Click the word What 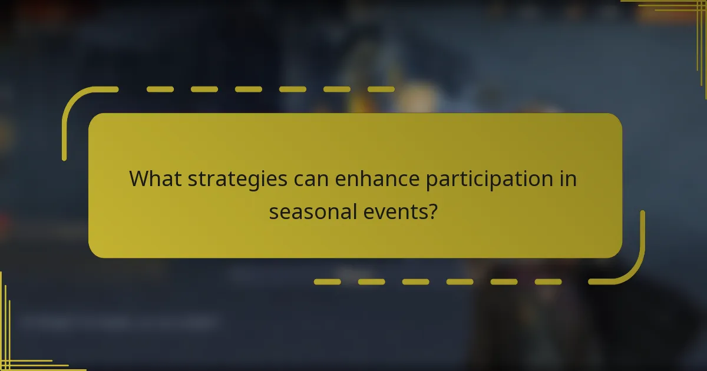coord(155,178)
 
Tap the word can coord(312,179)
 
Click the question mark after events coord(432,210)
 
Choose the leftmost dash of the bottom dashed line coord(327,281)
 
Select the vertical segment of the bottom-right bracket coord(642,236)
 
